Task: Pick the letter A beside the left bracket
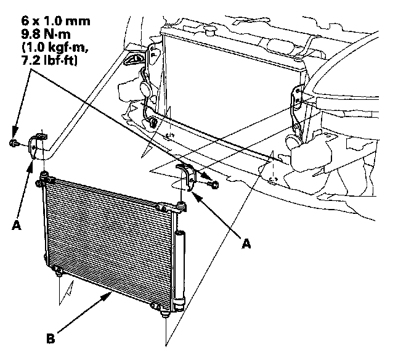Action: click(16, 225)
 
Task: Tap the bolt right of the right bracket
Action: click(213, 183)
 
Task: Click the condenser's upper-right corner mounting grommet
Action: click(183, 203)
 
